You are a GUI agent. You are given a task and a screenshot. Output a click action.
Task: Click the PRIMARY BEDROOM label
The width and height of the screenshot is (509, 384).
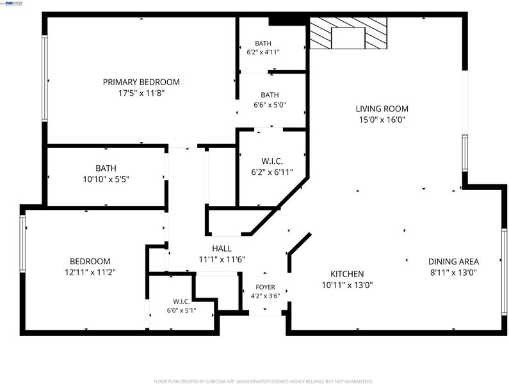(141, 82)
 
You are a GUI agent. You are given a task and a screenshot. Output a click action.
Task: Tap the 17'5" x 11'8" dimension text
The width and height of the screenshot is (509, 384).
(141, 93)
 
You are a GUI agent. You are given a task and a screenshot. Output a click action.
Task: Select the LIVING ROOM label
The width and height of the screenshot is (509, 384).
(382, 109)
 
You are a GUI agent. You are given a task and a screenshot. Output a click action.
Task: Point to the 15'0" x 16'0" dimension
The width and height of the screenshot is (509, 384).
(382, 120)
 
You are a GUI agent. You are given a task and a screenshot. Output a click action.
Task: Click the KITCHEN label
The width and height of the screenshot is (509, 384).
(347, 274)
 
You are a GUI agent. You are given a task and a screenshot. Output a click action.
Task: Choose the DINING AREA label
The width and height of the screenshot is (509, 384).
(453, 262)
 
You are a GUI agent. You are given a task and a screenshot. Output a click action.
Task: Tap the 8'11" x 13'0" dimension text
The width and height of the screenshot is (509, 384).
(453, 273)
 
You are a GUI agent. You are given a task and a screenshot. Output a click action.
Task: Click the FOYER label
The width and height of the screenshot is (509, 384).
(265, 287)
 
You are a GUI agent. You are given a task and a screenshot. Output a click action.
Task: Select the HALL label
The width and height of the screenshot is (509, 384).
(222, 249)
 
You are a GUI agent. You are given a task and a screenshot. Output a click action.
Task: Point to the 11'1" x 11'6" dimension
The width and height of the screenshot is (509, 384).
(222, 260)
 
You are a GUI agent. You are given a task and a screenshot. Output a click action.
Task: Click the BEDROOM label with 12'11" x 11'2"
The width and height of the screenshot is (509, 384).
(90, 261)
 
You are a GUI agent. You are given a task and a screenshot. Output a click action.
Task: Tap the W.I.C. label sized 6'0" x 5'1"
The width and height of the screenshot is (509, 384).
(181, 302)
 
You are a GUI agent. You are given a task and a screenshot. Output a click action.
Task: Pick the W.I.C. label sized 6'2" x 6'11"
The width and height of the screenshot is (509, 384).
(272, 161)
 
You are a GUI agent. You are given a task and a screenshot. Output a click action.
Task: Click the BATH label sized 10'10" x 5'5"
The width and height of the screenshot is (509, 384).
(106, 168)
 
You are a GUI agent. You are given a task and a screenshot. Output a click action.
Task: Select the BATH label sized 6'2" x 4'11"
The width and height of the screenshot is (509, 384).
(263, 44)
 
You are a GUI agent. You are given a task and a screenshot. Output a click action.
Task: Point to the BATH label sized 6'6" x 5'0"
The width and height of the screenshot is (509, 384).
(270, 95)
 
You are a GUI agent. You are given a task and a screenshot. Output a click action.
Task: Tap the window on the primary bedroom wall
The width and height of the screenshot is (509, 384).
(45, 78)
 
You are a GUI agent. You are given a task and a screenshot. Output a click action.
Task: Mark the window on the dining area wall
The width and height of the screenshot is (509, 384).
(504, 271)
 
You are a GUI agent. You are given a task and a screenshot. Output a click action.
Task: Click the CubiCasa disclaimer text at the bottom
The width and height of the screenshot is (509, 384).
(263, 381)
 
